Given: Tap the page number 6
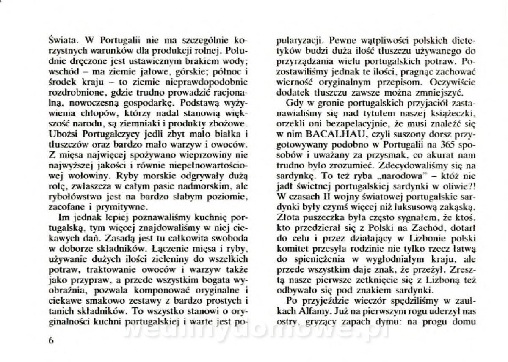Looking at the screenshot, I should coord(52,341).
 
